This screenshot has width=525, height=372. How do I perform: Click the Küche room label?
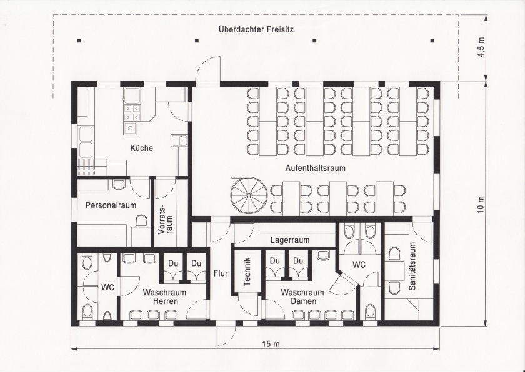[142, 148]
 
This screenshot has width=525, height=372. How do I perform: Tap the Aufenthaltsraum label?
[315, 168]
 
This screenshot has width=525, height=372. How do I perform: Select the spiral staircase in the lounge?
[249, 195]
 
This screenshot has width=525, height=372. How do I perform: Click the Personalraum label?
[111, 205]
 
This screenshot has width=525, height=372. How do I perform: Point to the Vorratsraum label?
[166, 218]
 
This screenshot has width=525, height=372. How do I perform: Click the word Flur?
[221, 273]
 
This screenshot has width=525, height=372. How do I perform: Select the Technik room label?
[247, 272]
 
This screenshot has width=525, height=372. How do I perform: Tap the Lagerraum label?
[290, 240]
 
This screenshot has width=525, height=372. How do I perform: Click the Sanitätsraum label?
[412, 266]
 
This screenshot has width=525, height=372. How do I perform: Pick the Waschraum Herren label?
[164, 297]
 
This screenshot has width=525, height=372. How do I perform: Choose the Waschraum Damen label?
[302, 297]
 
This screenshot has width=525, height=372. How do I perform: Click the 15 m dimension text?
[271, 343]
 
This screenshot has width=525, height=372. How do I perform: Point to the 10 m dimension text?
[481, 205]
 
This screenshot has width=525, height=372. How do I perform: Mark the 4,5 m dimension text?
[481, 47]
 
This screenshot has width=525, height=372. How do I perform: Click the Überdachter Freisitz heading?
[256, 29]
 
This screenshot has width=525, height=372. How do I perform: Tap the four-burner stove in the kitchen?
[132, 112]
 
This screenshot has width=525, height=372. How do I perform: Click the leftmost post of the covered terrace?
[79, 41]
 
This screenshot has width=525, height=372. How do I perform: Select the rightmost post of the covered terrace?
[432, 41]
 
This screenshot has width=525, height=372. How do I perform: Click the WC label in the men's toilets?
[107, 288]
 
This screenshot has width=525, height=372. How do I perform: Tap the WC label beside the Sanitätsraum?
[359, 265]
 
